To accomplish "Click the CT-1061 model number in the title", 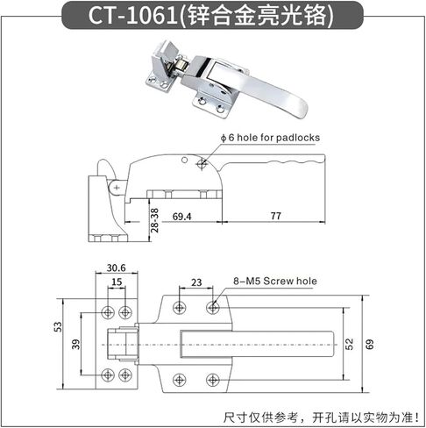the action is [133, 15].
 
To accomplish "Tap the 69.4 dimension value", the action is [181, 217].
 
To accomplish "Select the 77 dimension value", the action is [275, 216].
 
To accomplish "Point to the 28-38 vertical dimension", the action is [154, 220].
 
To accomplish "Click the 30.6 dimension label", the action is [117, 267].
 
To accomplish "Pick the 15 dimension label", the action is [117, 282].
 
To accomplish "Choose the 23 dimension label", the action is [196, 282].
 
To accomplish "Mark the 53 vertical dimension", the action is [59, 327].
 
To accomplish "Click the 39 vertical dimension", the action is [75, 345].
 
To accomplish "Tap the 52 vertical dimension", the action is [349, 344].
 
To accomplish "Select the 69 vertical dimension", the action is [369, 345].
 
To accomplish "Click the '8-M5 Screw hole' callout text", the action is [275, 282].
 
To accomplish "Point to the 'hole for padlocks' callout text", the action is [278, 138].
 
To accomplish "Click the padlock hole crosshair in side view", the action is [202, 164].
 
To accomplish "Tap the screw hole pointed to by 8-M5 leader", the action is [213, 308].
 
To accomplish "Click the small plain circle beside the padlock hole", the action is [184, 160].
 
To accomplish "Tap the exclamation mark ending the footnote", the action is [417, 417].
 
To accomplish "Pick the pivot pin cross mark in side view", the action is [117, 188].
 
